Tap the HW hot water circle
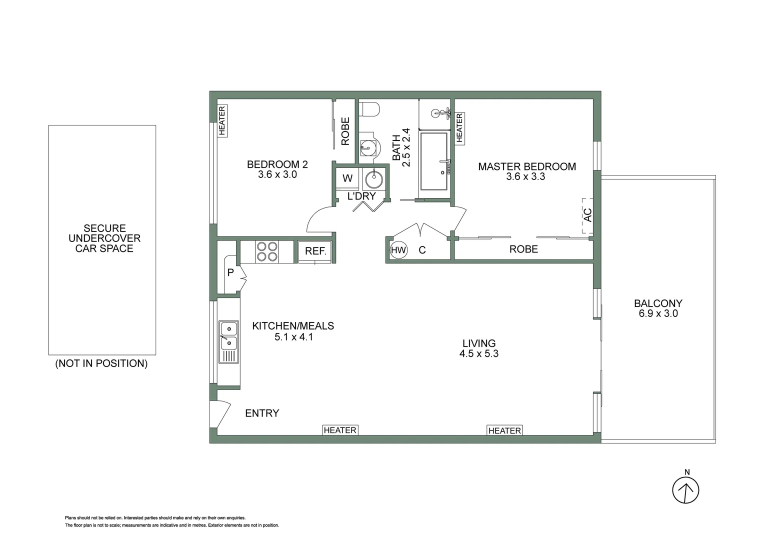coord(398,250)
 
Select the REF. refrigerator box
coord(315,251)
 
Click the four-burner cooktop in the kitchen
coord(267,251)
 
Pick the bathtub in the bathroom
coord(433,161)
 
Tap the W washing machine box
coord(347,178)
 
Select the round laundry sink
coord(373,178)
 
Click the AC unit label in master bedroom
coord(587,215)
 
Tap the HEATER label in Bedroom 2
coord(222,120)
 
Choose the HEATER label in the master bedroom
coord(459,128)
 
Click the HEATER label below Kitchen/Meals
coord(340,430)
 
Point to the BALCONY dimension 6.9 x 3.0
coord(658,313)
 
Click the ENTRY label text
coord(262,413)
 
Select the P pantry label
coord(230,273)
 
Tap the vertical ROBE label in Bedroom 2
coord(345,131)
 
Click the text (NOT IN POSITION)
coord(101,363)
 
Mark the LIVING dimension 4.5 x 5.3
coord(479,353)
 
